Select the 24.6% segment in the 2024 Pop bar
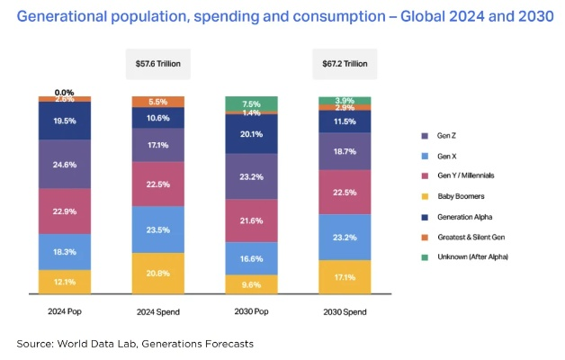point(65,164)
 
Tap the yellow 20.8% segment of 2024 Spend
point(158,273)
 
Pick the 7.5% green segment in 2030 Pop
point(252,103)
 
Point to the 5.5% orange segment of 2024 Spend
point(158,102)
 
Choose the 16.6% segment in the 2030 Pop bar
point(252,257)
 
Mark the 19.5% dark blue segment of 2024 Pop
point(65,121)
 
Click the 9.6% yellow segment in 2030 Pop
point(252,283)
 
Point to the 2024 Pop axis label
point(65,312)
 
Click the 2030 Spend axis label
point(345,312)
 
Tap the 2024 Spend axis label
point(158,312)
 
